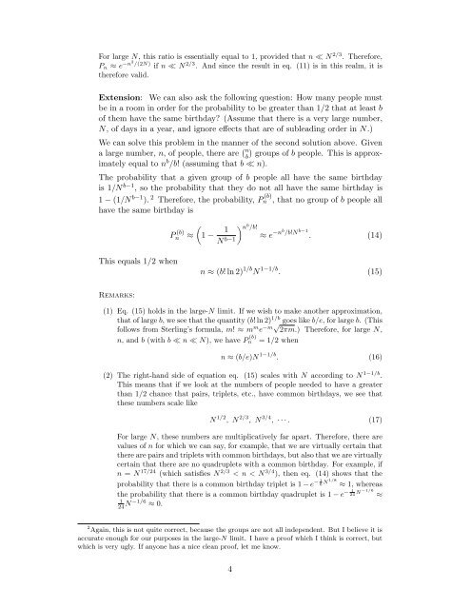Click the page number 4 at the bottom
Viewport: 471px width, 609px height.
click(x=236, y=569)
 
